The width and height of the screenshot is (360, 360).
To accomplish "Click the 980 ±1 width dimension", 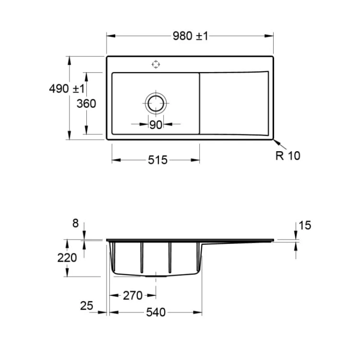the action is click(191, 36).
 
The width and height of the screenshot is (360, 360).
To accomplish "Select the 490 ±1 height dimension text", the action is click(67, 89).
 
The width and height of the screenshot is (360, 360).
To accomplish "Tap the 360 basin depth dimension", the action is click(86, 104).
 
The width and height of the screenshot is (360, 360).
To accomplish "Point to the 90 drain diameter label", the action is click(156, 125).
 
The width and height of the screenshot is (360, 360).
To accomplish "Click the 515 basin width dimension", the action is click(158, 160).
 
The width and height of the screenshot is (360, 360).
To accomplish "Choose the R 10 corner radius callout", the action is click(288, 156).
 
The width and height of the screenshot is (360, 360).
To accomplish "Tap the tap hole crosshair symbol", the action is click(156, 64).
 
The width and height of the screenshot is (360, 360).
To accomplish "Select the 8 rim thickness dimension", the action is click(75, 223).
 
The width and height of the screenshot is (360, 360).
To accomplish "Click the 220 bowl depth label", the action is click(67, 258).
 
